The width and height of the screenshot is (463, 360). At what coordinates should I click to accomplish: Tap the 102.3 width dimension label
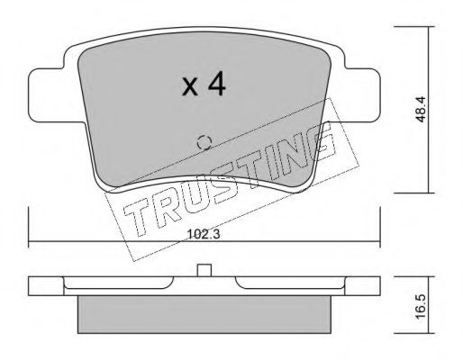point(204,234)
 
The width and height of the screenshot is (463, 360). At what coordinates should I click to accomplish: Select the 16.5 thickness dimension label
point(421,307)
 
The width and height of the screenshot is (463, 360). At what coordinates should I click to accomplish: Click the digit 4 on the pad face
point(217,84)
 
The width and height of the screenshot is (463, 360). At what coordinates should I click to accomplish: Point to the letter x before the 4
point(190,87)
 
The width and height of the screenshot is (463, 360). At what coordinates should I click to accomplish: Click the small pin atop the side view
point(204,270)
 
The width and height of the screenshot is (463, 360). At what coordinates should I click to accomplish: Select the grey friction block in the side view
point(204,314)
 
